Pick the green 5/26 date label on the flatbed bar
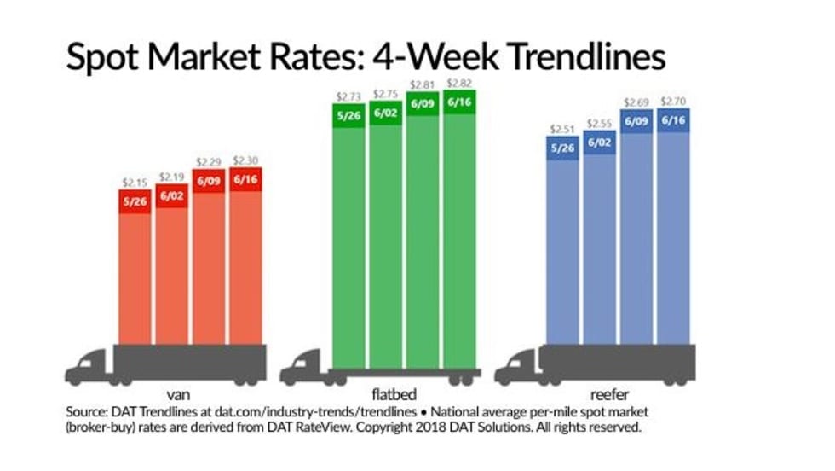pos(348,116)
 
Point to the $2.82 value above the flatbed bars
pos(460,84)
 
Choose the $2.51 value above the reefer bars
pos(561,130)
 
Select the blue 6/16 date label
pos(674,120)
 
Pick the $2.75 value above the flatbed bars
pos(386,95)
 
